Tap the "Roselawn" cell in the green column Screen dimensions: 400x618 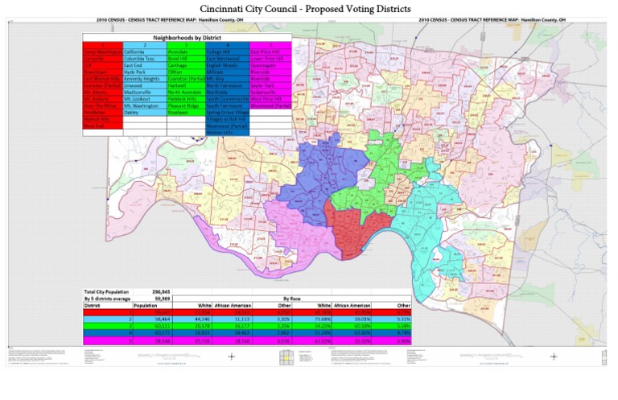179,113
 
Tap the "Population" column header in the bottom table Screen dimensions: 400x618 145,305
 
